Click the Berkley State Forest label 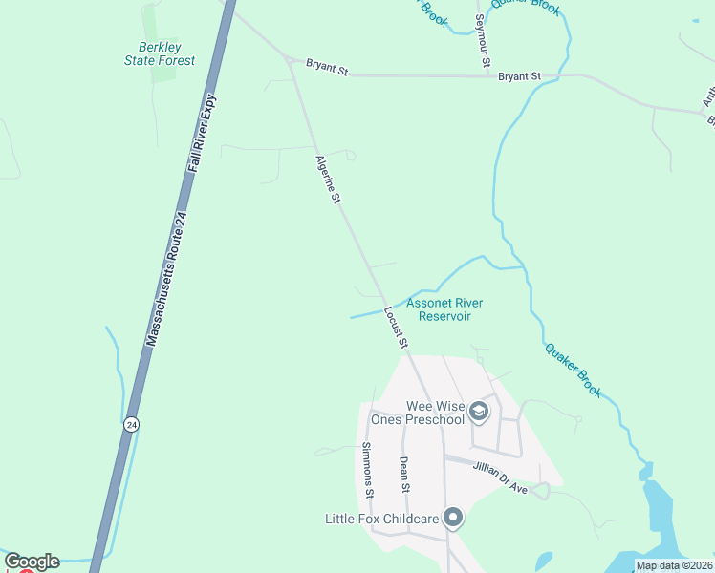coord(160,53)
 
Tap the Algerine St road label coord(328,180)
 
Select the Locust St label coord(397,328)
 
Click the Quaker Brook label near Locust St coord(574,370)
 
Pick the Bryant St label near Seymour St coord(520,75)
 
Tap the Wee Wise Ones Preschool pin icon coord(479,413)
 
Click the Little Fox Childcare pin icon coord(453,519)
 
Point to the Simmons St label coord(369,471)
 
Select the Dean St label coord(404,475)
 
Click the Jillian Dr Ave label coord(500,477)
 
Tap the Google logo coord(32,562)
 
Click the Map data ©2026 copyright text coord(673,565)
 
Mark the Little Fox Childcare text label coord(381,520)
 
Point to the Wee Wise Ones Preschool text coord(434,413)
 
